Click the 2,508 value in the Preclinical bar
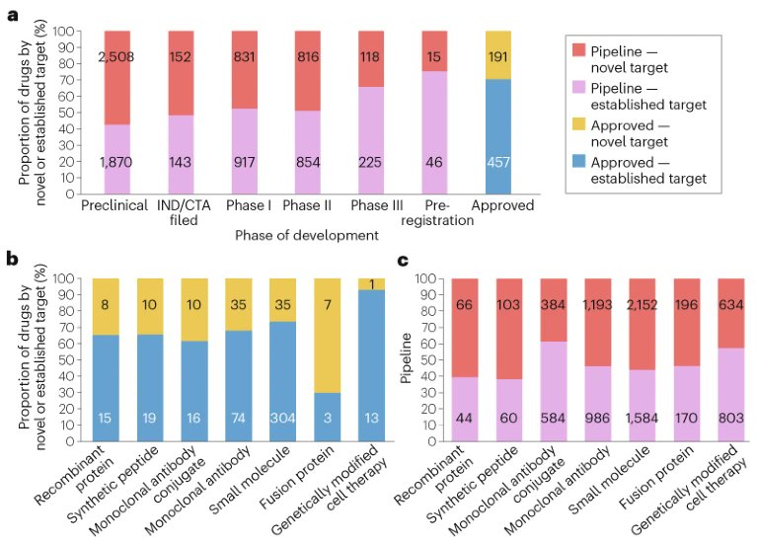click(123, 57)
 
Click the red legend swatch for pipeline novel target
click(580, 53)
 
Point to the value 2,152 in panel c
click(638, 306)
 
